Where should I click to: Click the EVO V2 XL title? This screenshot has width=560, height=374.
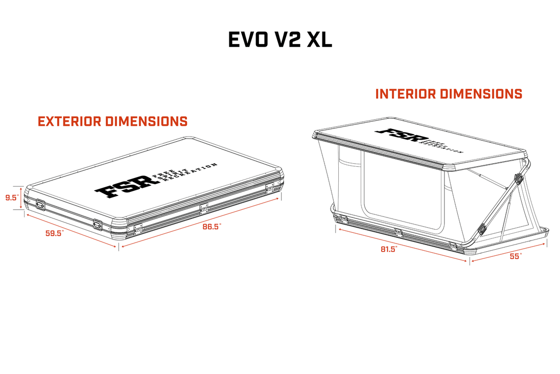(x=280, y=40)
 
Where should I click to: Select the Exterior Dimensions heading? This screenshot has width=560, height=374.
(x=112, y=122)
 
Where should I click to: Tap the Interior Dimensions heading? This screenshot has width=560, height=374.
(x=449, y=94)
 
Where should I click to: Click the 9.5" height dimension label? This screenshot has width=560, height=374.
(x=12, y=197)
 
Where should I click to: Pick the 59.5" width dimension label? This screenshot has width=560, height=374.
(x=55, y=233)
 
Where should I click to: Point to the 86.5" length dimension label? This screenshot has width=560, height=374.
(x=212, y=227)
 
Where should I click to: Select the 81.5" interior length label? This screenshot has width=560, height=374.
(x=388, y=249)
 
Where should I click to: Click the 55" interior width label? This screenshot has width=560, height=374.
(x=516, y=256)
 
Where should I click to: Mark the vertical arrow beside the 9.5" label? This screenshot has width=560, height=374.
(x=21, y=197)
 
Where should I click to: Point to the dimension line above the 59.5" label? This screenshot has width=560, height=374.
(x=71, y=230)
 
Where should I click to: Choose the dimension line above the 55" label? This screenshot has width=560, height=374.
(x=508, y=252)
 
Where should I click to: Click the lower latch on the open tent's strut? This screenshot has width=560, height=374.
(x=482, y=229)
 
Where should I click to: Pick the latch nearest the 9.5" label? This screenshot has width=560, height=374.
(x=40, y=205)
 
